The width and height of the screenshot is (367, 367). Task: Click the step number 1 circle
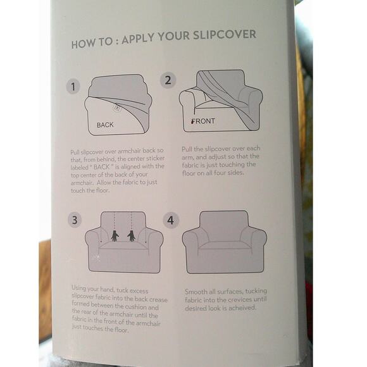73,86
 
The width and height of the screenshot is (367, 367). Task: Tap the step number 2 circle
168,80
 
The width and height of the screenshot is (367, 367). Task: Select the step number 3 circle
75,220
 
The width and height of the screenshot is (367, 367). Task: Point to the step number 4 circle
171,220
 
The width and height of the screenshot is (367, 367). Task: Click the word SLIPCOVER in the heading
225,35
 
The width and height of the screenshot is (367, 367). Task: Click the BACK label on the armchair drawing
105,125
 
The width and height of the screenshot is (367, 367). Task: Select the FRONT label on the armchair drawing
203,121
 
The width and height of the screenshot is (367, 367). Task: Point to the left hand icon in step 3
115,235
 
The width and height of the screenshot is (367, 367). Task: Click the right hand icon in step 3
132,235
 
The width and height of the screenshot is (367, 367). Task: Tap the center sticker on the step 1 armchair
118,108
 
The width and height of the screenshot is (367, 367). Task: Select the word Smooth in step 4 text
196,292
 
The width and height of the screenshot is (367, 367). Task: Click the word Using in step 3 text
78,289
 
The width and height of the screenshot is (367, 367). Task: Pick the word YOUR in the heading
173,37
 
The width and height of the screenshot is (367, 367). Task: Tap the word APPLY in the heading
139,39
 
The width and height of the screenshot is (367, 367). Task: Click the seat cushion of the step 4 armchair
224,246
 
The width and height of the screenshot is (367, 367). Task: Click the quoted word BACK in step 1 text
101,167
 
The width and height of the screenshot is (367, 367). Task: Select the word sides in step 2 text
235,173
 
